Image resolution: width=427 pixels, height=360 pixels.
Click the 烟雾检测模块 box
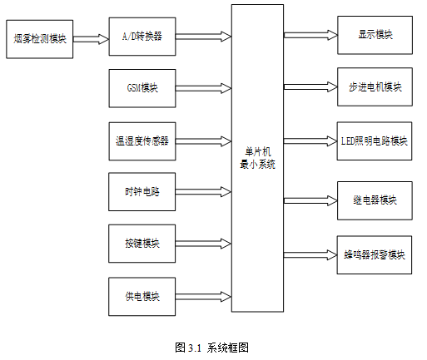[40, 39]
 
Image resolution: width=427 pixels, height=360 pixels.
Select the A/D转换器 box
[142, 37]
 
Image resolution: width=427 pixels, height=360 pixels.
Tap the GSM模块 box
[142, 88]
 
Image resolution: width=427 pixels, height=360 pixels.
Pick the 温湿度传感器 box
[142, 141]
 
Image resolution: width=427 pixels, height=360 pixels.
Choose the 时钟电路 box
[142, 192]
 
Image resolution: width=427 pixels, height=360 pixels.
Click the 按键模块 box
[142, 244]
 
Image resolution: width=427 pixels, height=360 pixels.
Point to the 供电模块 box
[142, 297]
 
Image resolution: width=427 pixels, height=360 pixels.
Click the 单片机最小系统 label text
[258, 158]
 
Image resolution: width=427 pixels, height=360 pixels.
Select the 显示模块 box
[375, 35]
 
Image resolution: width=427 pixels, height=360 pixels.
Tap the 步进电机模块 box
[375, 86]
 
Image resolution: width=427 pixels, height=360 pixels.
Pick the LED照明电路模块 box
[375, 141]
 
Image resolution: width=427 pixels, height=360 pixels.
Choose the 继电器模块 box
[375, 200]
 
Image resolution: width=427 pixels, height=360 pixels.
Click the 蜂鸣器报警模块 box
[375, 255]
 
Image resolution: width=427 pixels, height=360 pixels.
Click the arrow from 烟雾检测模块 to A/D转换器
[91, 39]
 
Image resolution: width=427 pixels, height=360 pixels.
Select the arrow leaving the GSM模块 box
[203, 88]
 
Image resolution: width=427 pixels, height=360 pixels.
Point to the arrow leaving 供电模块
[203, 297]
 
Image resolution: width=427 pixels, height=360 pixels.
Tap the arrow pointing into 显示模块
[310, 35]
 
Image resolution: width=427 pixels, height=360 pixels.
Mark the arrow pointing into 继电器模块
[310, 200]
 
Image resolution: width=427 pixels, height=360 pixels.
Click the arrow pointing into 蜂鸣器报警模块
[310, 255]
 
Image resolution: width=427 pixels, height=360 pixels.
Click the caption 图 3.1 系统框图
[211, 348]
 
